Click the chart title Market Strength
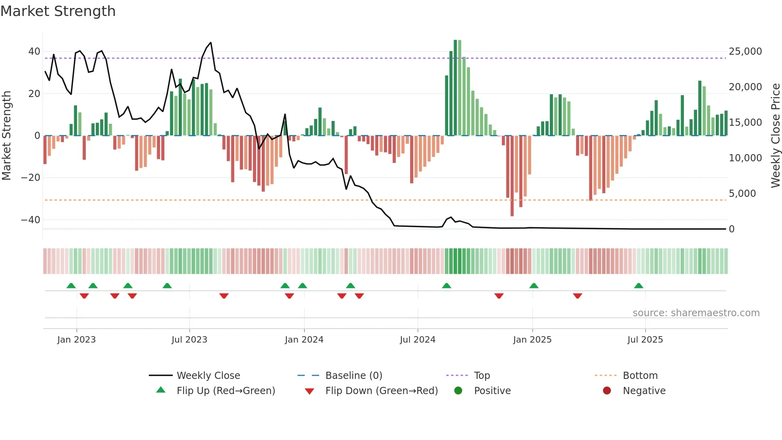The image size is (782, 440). click(x=58, y=11)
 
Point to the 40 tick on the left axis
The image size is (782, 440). click(x=34, y=52)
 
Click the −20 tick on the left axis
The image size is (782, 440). click(x=31, y=178)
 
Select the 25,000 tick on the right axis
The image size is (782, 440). click(x=745, y=52)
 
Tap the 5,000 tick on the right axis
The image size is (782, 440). click(x=742, y=194)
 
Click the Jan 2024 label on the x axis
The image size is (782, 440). click(x=304, y=340)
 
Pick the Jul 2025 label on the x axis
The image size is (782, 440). click(x=645, y=340)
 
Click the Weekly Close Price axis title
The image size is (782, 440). click(x=775, y=135)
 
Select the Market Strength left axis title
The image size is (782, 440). click(x=6, y=135)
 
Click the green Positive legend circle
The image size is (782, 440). click(x=458, y=391)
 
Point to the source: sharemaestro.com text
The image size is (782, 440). click(x=696, y=313)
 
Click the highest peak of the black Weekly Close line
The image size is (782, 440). click(x=211, y=43)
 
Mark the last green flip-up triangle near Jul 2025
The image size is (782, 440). click(x=638, y=286)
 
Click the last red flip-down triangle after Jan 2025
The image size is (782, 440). click(x=577, y=296)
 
